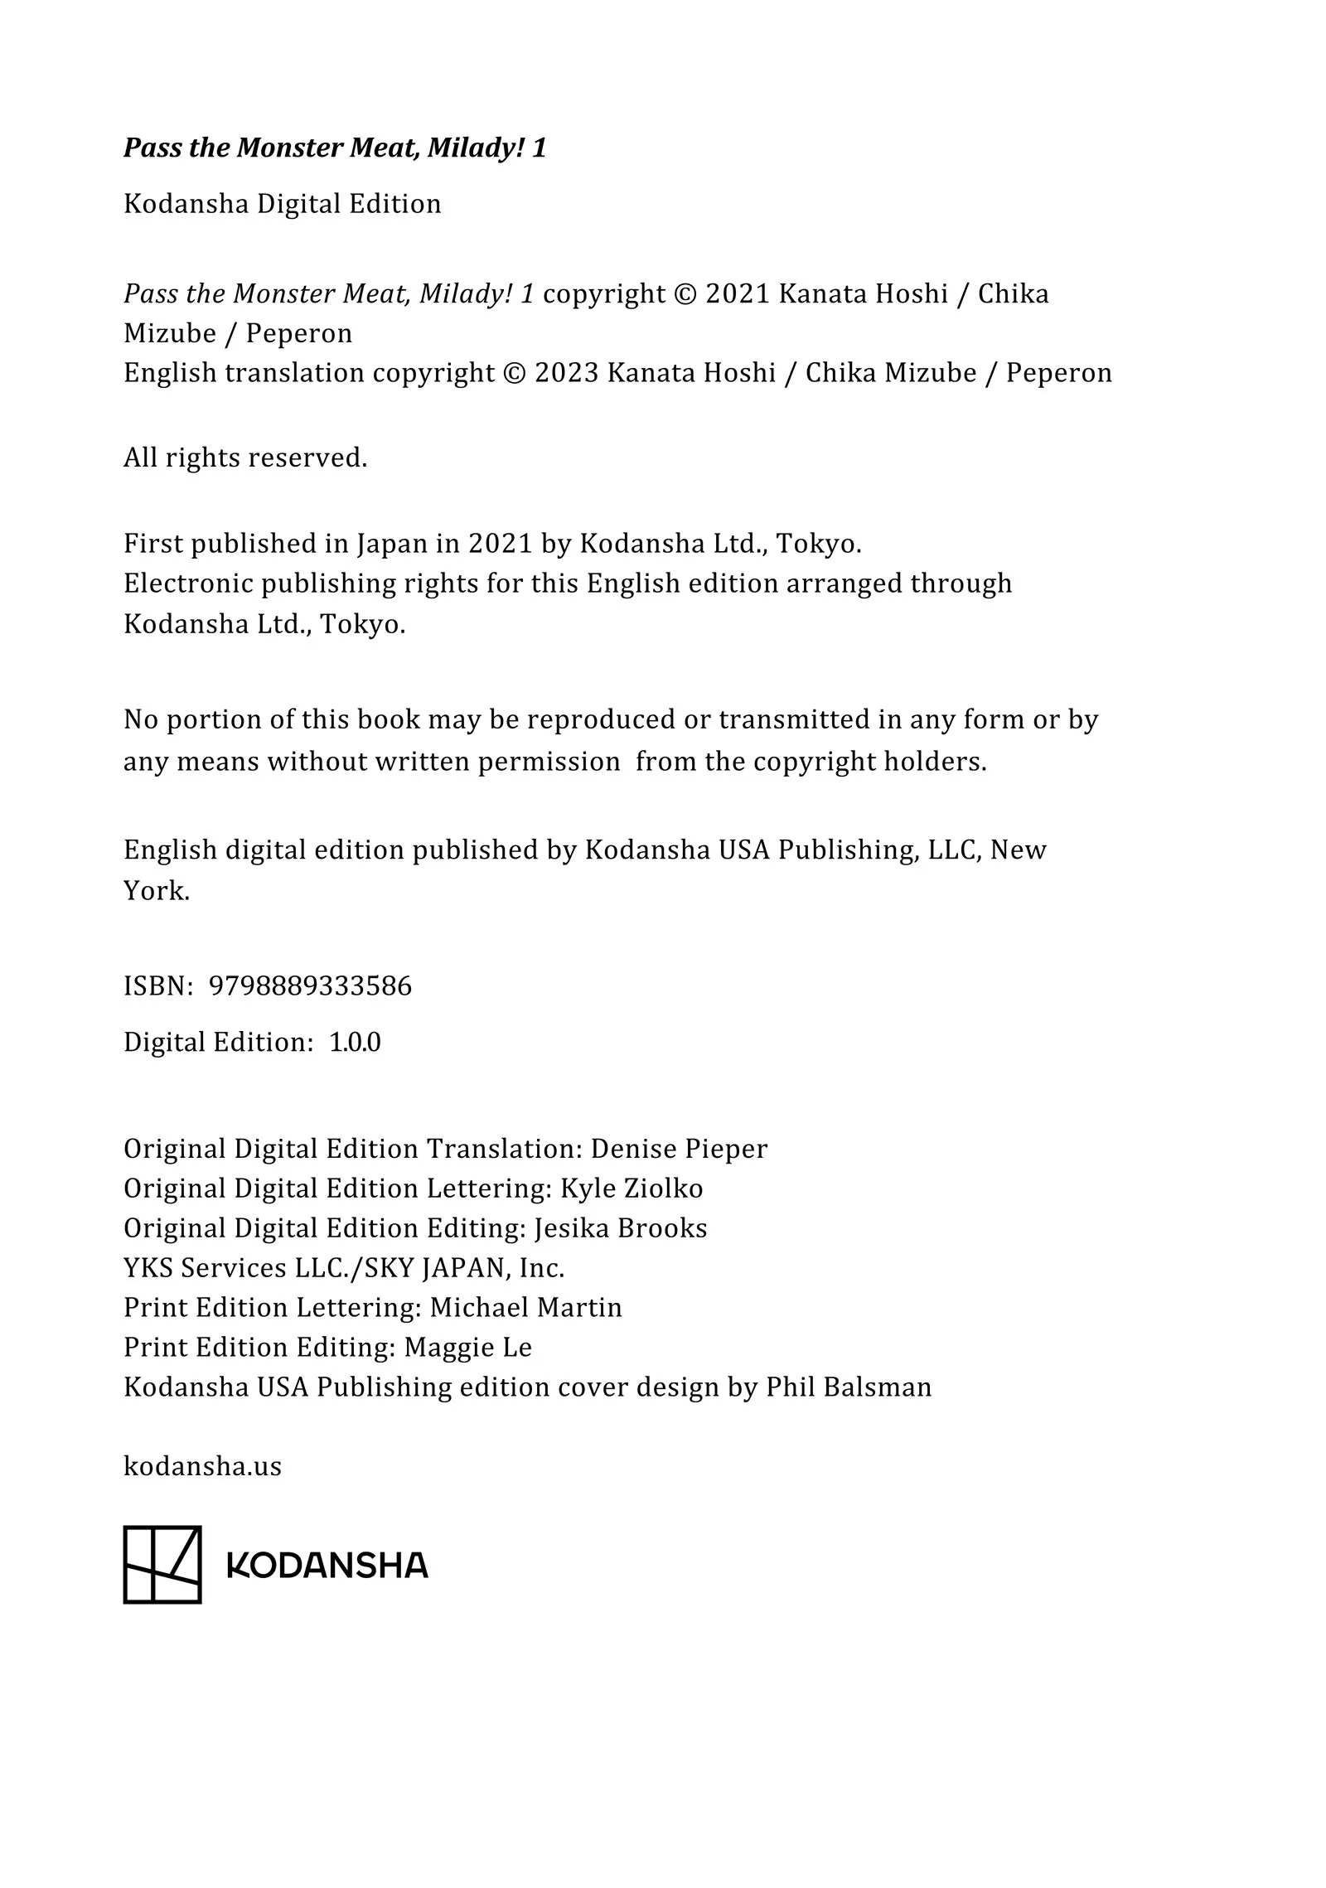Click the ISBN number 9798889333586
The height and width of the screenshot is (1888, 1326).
tap(310, 986)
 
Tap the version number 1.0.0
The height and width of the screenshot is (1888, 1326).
tap(355, 1043)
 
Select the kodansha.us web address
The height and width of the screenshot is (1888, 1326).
tap(202, 1466)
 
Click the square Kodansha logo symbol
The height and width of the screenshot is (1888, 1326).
tap(162, 1565)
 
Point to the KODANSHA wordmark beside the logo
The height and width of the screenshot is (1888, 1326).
tap(327, 1566)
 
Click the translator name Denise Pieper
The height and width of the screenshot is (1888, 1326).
tap(679, 1149)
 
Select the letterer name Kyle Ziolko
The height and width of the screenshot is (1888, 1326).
tap(632, 1188)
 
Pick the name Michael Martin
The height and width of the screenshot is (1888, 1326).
tap(525, 1308)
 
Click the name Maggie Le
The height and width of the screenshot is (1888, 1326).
tap(467, 1348)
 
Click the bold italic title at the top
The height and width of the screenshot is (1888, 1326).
tap(335, 148)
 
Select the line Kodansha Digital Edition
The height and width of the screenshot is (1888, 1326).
tap(282, 204)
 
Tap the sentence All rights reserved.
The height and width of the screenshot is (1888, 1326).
tap(244, 457)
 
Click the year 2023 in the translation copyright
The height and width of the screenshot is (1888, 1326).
tap(566, 373)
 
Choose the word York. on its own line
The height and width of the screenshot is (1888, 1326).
tap(157, 891)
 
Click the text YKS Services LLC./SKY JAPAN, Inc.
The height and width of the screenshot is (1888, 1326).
tap(344, 1268)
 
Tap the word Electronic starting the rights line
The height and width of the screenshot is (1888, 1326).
tap(188, 584)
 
